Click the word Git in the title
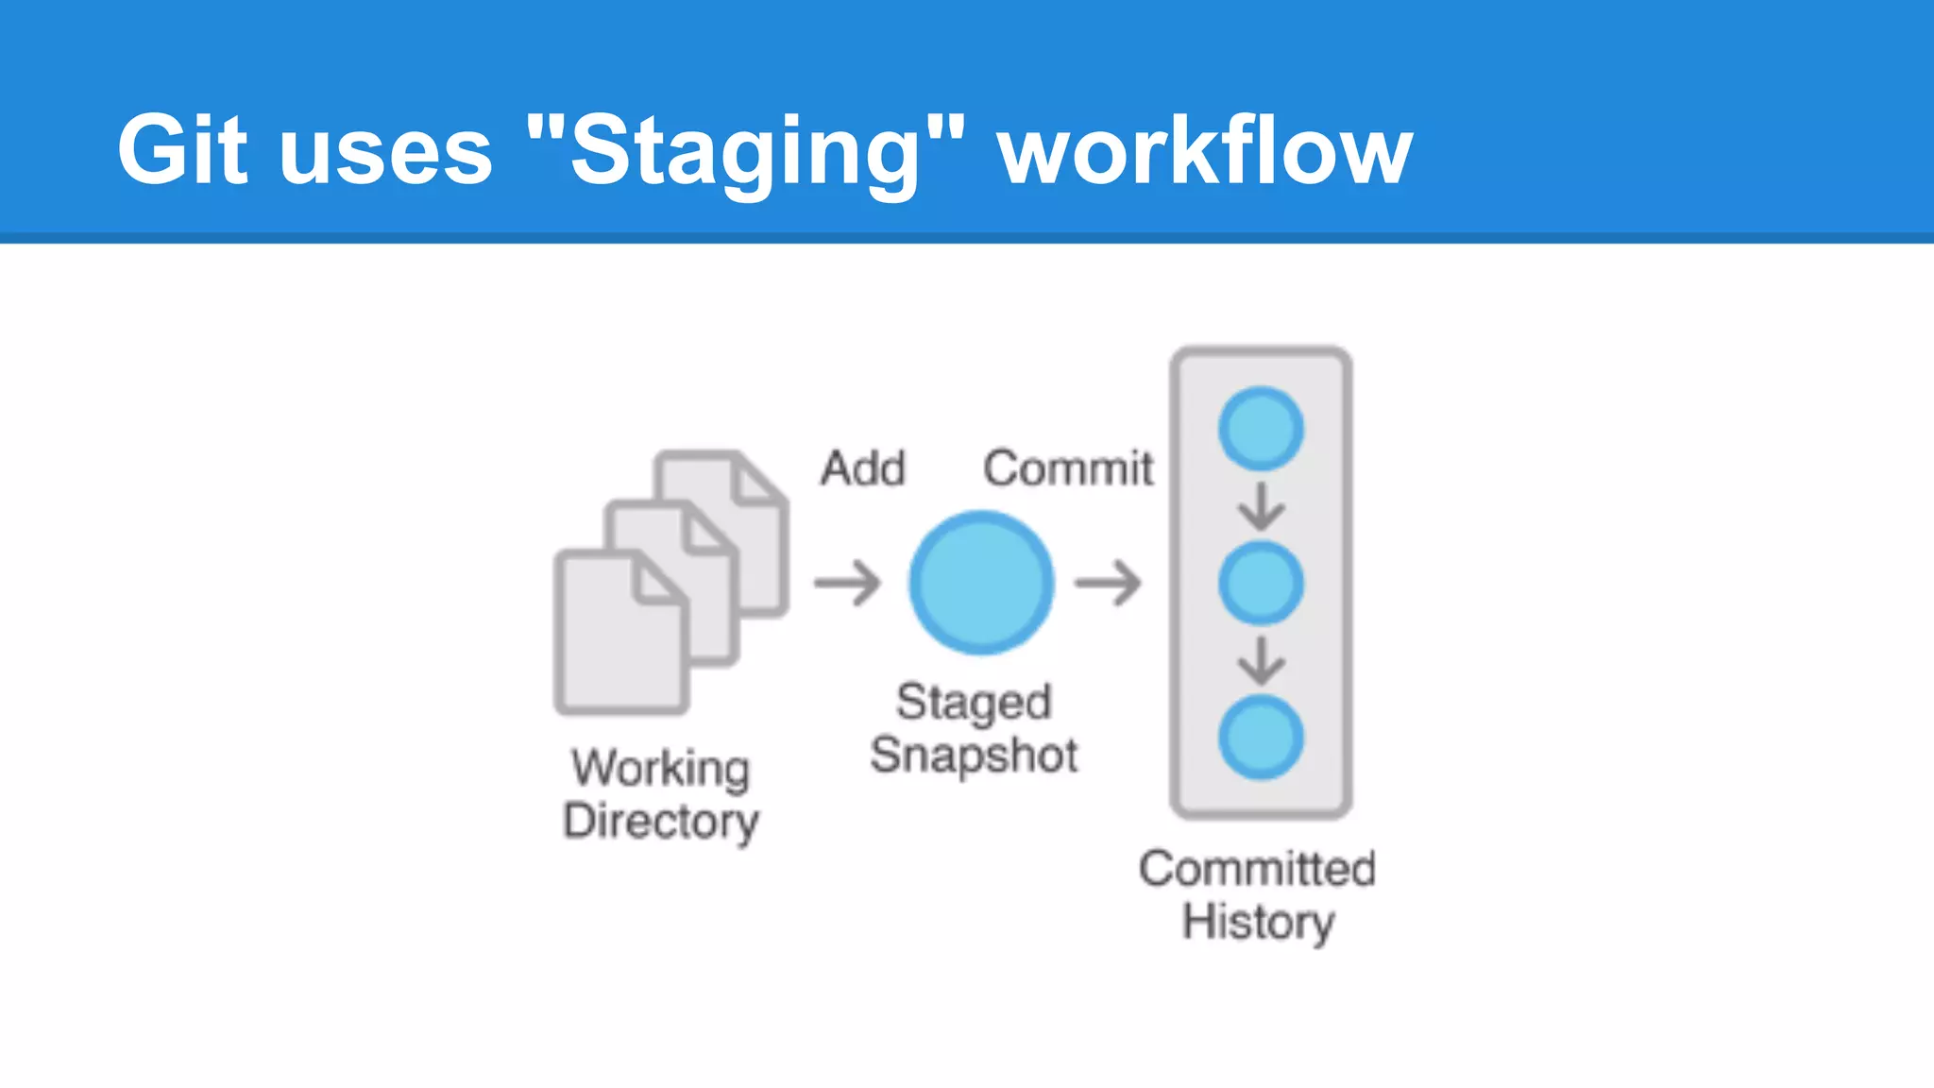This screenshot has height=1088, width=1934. click(182, 151)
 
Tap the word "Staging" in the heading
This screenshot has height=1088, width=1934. click(746, 151)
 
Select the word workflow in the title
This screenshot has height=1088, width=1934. click(1204, 151)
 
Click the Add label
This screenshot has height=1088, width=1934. click(863, 468)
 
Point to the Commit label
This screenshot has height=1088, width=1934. click(1068, 468)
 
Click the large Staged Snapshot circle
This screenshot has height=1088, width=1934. click(981, 583)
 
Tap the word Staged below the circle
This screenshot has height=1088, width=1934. click(974, 703)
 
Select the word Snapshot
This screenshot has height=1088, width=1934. click(974, 756)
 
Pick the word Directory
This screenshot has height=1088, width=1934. click(661, 821)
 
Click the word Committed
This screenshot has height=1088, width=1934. click(1257, 869)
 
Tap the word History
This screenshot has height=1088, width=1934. click(1259, 922)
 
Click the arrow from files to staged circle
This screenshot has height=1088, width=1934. click(847, 583)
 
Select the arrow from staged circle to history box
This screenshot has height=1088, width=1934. click(1108, 583)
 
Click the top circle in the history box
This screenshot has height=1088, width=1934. click(1261, 429)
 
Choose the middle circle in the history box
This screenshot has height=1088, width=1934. click(1261, 583)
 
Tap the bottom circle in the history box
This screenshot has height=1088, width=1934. click(1261, 738)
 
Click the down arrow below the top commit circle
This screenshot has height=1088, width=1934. click(1261, 506)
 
